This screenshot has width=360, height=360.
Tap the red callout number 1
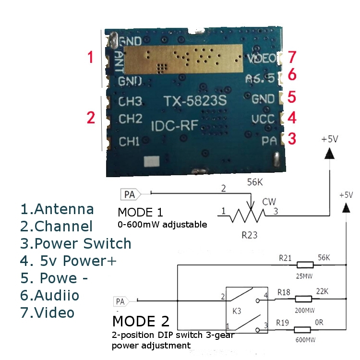(90, 58)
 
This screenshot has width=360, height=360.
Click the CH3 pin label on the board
(130, 102)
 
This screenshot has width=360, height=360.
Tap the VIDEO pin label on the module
(263, 59)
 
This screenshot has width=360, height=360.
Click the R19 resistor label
(285, 321)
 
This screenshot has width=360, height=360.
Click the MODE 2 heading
(141, 321)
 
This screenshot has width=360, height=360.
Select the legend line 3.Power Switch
(76, 243)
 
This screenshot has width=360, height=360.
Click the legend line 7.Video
(48, 312)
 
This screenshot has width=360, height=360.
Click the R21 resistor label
(286, 258)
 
